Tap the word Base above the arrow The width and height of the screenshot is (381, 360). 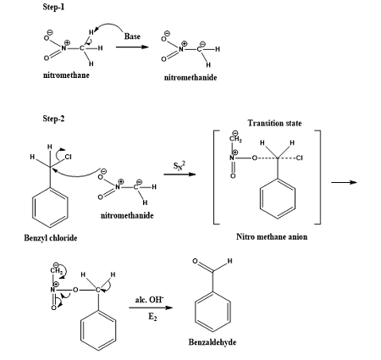pyautogui.click(x=134, y=36)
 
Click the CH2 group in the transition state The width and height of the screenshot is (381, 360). pyautogui.click(x=233, y=139)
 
